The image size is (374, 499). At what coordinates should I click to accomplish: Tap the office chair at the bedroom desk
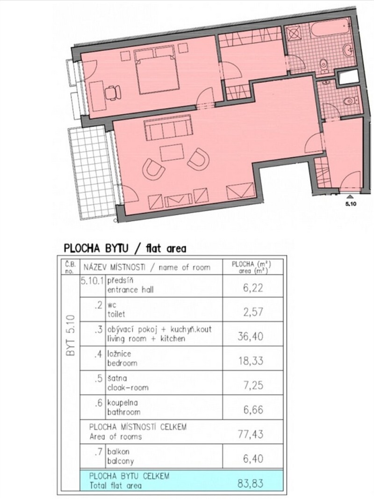pos(113,93)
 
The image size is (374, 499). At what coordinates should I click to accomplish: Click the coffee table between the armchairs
pos(172,153)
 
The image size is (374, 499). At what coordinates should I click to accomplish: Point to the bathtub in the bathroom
pos(331,28)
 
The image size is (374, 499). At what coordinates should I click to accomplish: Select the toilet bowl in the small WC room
pos(350,101)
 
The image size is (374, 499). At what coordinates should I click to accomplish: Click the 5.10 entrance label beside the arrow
pos(351,204)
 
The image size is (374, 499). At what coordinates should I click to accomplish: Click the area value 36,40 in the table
pos(250,336)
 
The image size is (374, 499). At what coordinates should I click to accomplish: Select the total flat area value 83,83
pos(250,483)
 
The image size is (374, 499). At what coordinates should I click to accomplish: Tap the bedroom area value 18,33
pos(251,361)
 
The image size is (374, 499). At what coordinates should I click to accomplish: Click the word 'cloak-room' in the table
pos(128,388)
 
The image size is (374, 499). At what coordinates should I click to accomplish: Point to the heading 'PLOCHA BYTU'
pos(96,248)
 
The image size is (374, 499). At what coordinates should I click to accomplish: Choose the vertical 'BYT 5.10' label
pos(71,335)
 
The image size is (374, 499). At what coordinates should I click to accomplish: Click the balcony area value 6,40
pos(253,459)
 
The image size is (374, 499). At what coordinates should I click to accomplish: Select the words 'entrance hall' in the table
pos(130,289)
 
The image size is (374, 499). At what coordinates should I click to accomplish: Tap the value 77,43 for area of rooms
pos(251,434)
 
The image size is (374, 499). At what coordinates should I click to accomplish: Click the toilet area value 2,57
pos(253,312)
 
